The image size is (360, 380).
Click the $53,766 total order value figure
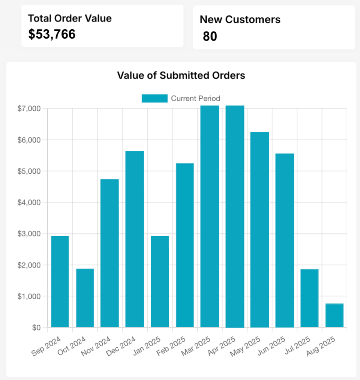click(52, 34)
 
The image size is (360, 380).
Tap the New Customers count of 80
click(210, 36)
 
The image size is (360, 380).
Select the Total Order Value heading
click(70, 18)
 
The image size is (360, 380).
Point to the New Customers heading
click(240, 20)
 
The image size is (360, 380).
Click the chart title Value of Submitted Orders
click(181, 75)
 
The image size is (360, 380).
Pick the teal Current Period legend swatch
click(154, 98)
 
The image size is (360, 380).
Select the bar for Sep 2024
click(60, 281)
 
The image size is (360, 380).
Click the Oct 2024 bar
click(85, 298)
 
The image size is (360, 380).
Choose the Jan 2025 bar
click(160, 281)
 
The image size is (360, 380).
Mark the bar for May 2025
click(259, 230)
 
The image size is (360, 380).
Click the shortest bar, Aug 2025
click(334, 315)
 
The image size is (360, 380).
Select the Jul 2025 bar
click(309, 298)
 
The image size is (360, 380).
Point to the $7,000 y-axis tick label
click(29, 109)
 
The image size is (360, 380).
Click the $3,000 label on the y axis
click(29, 234)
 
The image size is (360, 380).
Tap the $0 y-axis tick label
click(36, 327)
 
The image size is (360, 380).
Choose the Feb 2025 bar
click(185, 245)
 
